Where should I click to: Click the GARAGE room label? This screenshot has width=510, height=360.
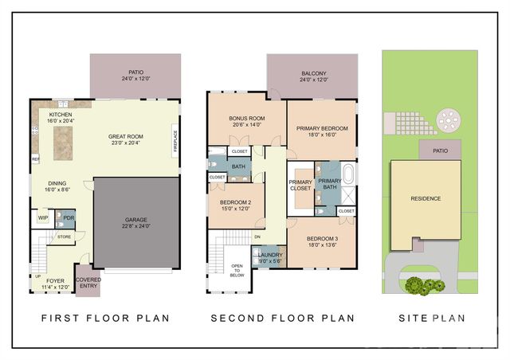pyautogui.click(x=136, y=221)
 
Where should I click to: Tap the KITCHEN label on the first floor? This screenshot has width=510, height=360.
pyautogui.click(x=61, y=115)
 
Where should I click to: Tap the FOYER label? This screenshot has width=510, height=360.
pyautogui.click(x=55, y=280)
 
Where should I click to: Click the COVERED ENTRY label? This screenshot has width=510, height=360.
pyautogui.click(x=88, y=284)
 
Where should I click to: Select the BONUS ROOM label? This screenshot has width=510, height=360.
pyautogui.click(x=246, y=119)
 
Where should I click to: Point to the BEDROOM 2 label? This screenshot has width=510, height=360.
pyautogui.click(x=235, y=202)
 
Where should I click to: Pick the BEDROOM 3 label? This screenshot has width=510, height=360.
pyautogui.click(x=322, y=239)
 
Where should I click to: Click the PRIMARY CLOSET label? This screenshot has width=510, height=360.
pyautogui.click(x=300, y=186)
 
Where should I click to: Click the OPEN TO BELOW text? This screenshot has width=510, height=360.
pyautogui.click(x=237, y=270)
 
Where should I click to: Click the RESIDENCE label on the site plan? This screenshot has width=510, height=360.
pyautogui.click(x=425, y=198)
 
